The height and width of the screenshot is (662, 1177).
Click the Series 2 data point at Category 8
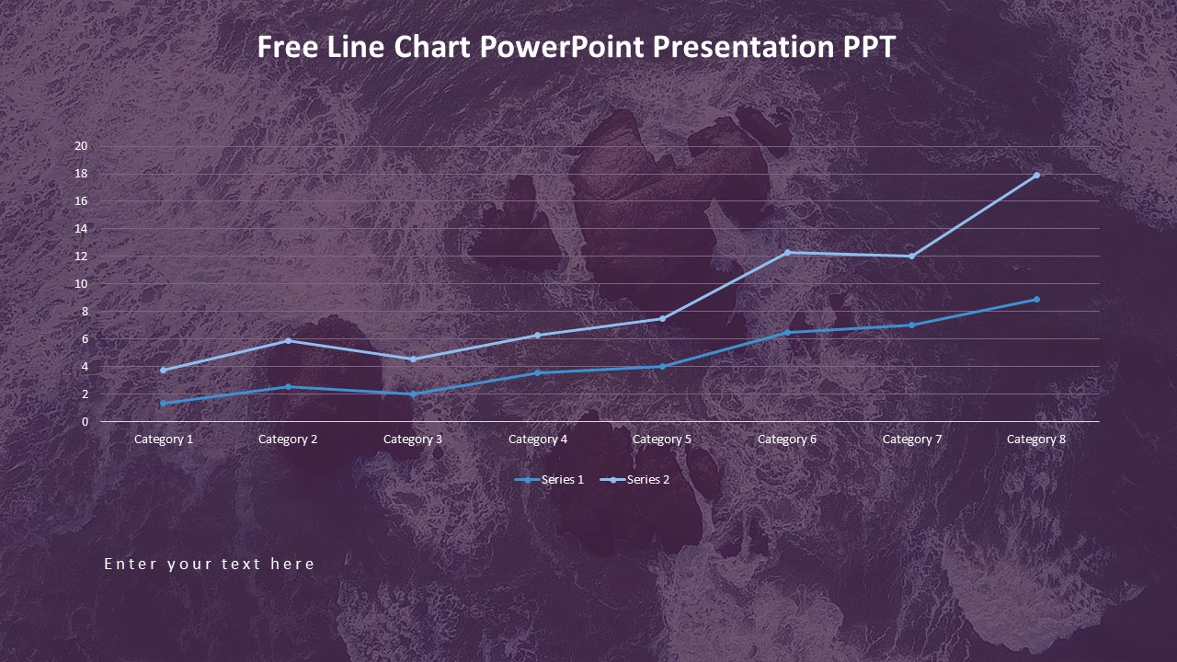1036,175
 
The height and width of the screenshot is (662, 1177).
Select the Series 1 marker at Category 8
1036,299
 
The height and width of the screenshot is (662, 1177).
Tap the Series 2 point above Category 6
787,252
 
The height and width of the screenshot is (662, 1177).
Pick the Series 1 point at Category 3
413,394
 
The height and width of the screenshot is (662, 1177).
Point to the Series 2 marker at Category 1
164,370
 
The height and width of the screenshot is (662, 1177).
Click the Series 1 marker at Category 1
164,403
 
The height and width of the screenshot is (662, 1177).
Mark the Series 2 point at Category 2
288,340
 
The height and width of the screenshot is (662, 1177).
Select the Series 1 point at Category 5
662,366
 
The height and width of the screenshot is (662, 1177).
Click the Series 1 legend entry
550,480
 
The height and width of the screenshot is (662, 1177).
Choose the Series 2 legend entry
635,480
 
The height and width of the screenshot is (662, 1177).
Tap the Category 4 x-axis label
538,439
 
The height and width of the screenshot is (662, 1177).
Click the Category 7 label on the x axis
912,439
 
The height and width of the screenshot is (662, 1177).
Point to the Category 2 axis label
288,439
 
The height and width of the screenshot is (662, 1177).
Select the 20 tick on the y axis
81,146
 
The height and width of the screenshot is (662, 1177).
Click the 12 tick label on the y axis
81,257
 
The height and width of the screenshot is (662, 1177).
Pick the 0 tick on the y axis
85,422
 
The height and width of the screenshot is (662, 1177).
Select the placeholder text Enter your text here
210,564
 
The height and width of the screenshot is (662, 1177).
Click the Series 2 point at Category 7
912,256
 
